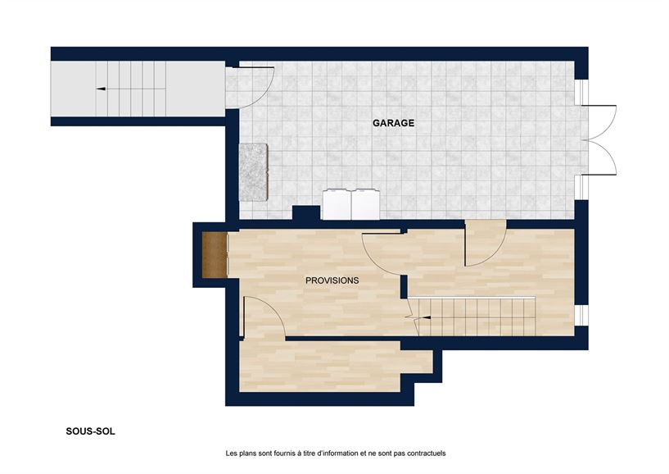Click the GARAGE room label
(393, 124)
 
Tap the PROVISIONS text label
(332, 280)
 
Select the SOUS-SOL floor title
(91, 430)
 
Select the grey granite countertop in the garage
(254, 171)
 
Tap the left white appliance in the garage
(337, 205)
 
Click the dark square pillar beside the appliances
(305, 213)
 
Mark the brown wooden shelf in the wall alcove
(215, 254)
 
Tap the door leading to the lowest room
(262, 317)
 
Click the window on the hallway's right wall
(581, 315)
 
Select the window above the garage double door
(581, 90)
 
